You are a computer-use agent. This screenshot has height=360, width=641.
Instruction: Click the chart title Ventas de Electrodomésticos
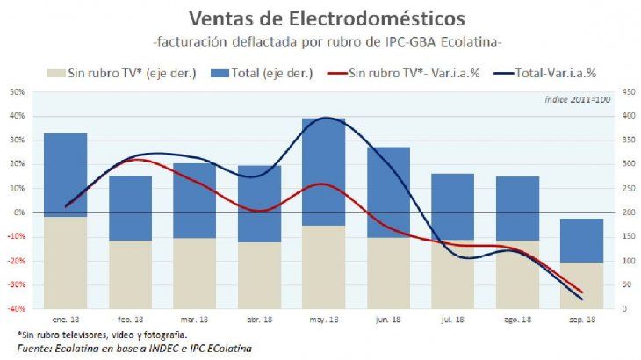point(320,18)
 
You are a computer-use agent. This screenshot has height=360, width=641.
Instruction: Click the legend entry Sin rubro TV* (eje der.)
point(124,73)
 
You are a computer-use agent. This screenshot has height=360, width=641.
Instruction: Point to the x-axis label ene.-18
point(65,322)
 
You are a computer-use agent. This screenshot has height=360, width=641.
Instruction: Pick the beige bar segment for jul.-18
point(453,274)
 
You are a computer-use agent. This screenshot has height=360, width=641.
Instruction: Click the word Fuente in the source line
point(35,349)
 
